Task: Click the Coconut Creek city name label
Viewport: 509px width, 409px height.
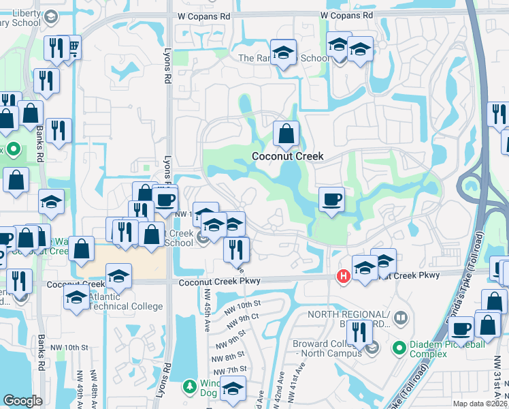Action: pyautogui.click(x=287, y=156)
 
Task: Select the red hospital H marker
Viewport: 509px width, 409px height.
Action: pyautogui.click(x=344, y=275)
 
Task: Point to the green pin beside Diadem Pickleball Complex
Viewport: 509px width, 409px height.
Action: pyautogui.click(x=400, y=349)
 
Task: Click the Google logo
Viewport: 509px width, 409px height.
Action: pyautogui.click(x=22, y=401)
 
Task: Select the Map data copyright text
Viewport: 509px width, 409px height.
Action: pyautogui.click(x=480, y=404)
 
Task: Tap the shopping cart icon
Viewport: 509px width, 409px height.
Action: pyautogui.click(x=71, y=47)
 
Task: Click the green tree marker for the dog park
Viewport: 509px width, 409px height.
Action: pyautogui.click(x=190, y=387)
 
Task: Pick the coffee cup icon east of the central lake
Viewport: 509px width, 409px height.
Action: pyautogui.click(x=331, y=199)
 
